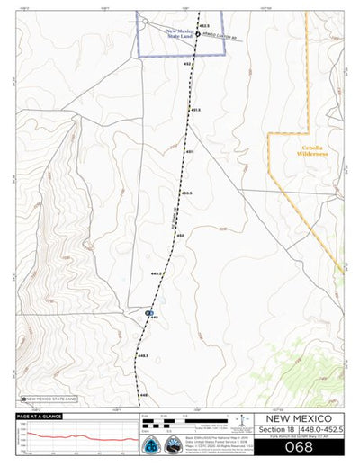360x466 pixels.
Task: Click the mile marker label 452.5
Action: tap(203, 26)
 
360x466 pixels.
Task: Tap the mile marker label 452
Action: tap(188, 65)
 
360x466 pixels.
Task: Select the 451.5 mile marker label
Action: tap(194, 110)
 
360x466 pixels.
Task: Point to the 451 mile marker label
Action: tap(189, 152)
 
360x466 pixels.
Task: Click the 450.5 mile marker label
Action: tap(186, 193)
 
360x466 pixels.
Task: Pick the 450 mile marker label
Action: tap(180, 236)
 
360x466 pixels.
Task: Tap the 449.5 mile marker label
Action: tap(156, 272)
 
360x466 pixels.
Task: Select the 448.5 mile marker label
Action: tap(142, 356)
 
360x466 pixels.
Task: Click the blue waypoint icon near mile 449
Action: tap(148, 312)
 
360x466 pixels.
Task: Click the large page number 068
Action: tap(297, 446)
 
